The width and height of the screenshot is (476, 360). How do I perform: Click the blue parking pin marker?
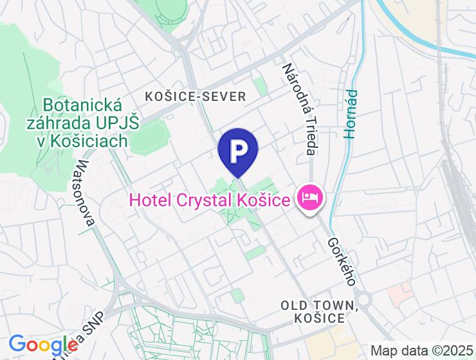coord(238,152)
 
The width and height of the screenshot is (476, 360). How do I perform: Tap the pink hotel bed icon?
coord(310,196)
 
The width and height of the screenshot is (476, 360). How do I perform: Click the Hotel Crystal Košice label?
coord(209,200)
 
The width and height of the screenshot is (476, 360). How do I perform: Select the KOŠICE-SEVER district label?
coord(196,96)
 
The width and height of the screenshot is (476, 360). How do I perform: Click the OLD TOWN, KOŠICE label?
coord(318,310)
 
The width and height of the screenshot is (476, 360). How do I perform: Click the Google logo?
coord(43,345)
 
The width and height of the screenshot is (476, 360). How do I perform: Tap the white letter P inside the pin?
coord(238,149)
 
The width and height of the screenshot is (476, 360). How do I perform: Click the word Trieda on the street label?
coord(311,139)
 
